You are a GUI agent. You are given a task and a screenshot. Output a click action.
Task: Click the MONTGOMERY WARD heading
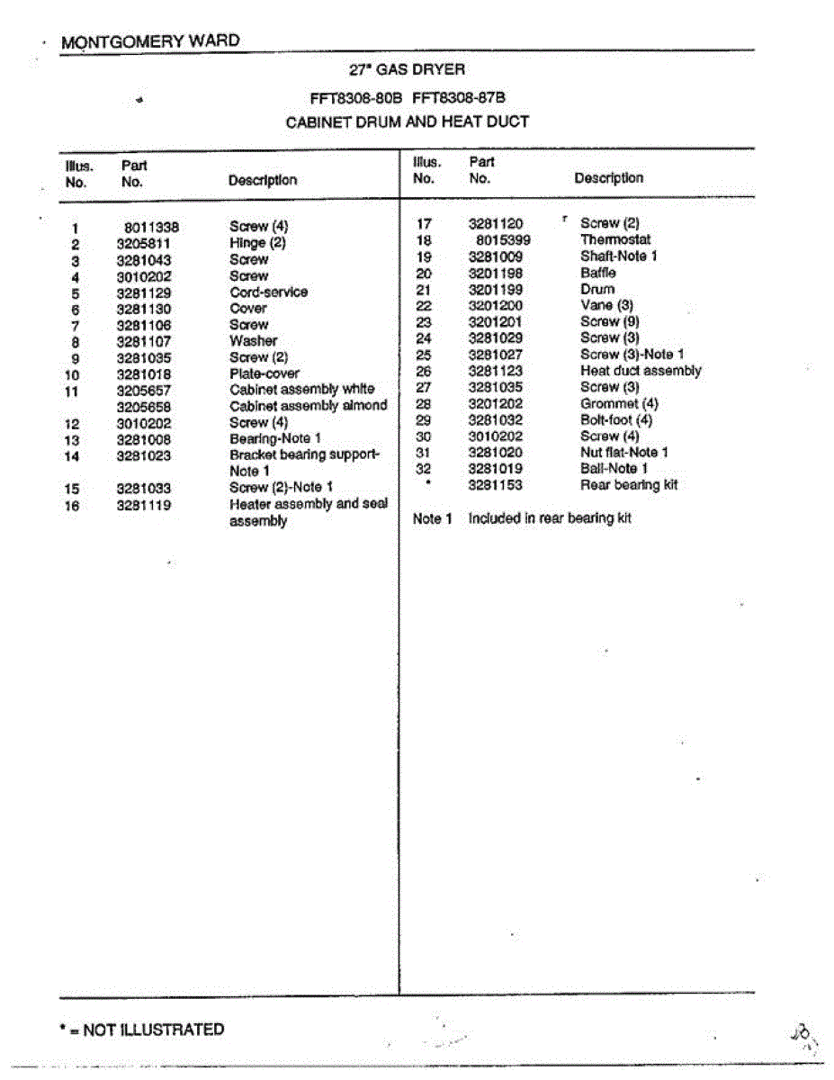(150, 41)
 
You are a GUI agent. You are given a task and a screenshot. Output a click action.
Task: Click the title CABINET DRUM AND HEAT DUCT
(407, 121)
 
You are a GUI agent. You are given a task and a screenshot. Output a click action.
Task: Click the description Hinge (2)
(257, 243)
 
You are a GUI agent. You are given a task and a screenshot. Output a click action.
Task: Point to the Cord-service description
(268, 292)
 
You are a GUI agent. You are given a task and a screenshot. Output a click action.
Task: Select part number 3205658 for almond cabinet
(144, 407)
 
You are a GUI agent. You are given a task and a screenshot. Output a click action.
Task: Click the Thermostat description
(615, 240)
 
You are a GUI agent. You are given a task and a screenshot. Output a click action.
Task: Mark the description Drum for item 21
(597, 289)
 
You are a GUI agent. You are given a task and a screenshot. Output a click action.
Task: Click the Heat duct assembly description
(641, 371)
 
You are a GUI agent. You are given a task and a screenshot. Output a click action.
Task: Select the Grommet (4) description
(619, 404)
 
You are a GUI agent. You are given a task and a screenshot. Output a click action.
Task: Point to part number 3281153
(496, 485)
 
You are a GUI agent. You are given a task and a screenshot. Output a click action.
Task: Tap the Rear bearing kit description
(629, 485)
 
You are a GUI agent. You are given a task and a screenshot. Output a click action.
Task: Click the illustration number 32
(424, 469)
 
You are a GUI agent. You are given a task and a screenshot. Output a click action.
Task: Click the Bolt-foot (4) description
(616, 420)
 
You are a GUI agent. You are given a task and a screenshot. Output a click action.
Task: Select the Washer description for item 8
(253, 341)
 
